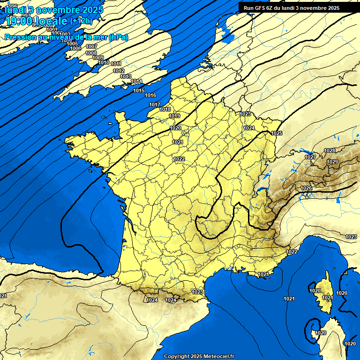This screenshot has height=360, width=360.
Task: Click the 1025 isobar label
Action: tap(277, 133)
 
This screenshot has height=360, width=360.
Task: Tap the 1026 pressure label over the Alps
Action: tap(306, 188)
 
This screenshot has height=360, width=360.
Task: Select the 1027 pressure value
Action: tap(310, 157)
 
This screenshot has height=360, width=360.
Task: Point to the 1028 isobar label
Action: tap(330, 150)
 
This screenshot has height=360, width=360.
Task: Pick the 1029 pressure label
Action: tap(332, 162)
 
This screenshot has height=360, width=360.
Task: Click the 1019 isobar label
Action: tap(174, 116)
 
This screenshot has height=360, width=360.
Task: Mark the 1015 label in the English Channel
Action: tap(139, 90)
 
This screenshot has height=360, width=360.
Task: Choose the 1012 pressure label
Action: tap(119, 71)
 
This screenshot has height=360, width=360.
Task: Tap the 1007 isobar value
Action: tap(91, 46)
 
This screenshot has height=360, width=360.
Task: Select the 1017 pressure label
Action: tap(155, 105)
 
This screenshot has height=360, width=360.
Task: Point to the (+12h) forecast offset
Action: tap(81, 21)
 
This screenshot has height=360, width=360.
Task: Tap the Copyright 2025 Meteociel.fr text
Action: tap(199, 356)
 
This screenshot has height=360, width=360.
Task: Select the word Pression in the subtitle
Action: tap(19, 37)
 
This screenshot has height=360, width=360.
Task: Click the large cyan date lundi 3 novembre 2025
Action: tap(54, 9)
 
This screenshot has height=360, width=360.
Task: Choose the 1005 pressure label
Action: tap(73, 44)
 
